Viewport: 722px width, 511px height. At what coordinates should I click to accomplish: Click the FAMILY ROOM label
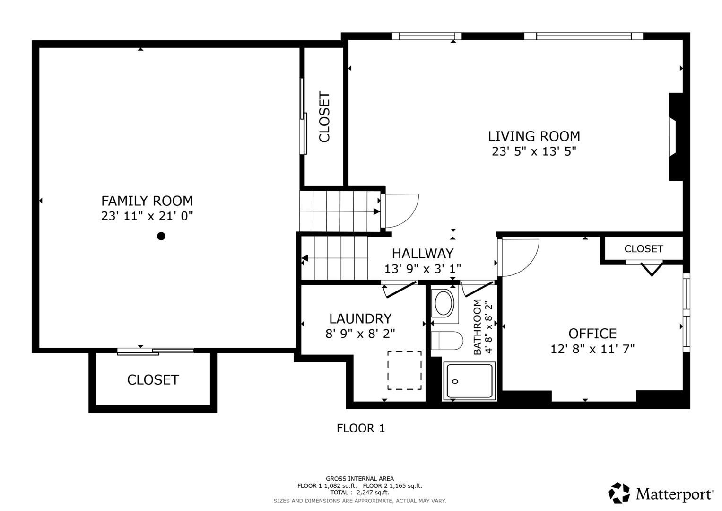147,201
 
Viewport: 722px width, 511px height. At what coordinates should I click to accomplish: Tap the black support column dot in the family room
161,236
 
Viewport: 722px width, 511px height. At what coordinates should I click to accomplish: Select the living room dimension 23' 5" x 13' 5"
534,151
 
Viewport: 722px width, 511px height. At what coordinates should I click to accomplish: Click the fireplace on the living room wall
676,137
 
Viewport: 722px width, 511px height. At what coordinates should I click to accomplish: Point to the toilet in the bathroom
447,341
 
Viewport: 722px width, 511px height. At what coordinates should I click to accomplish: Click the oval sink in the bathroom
444,303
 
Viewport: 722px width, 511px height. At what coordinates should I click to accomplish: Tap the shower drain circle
455,382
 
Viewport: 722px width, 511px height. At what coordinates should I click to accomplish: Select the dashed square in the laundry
404,370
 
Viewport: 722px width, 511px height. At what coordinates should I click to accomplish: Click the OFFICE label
592,334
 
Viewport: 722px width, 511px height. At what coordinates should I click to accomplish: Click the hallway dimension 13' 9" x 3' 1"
423,268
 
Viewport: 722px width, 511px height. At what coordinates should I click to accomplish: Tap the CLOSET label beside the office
644,249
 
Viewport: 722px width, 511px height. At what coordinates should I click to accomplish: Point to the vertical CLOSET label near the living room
324,117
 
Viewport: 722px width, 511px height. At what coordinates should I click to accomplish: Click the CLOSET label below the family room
153,380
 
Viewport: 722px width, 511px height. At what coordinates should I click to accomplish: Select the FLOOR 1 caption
361,428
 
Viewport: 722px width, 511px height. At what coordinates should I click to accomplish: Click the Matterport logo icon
619,493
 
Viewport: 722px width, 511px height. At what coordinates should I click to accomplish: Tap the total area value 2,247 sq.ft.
373,493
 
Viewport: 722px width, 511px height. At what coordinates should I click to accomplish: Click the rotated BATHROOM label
478,327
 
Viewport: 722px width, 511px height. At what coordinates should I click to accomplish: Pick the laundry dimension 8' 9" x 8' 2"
360,334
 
